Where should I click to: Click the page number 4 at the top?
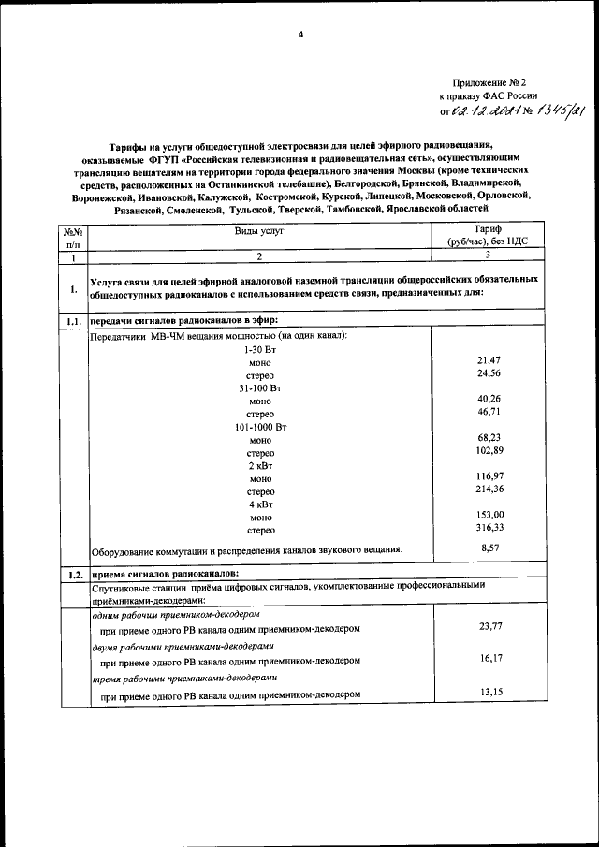[300, 35]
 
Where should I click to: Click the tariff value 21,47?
[490, 359]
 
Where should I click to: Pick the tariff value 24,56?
[490, 373]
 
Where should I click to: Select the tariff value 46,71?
[490, 411]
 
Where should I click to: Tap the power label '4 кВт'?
[260, 503]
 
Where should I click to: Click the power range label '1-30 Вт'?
[260, 348]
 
